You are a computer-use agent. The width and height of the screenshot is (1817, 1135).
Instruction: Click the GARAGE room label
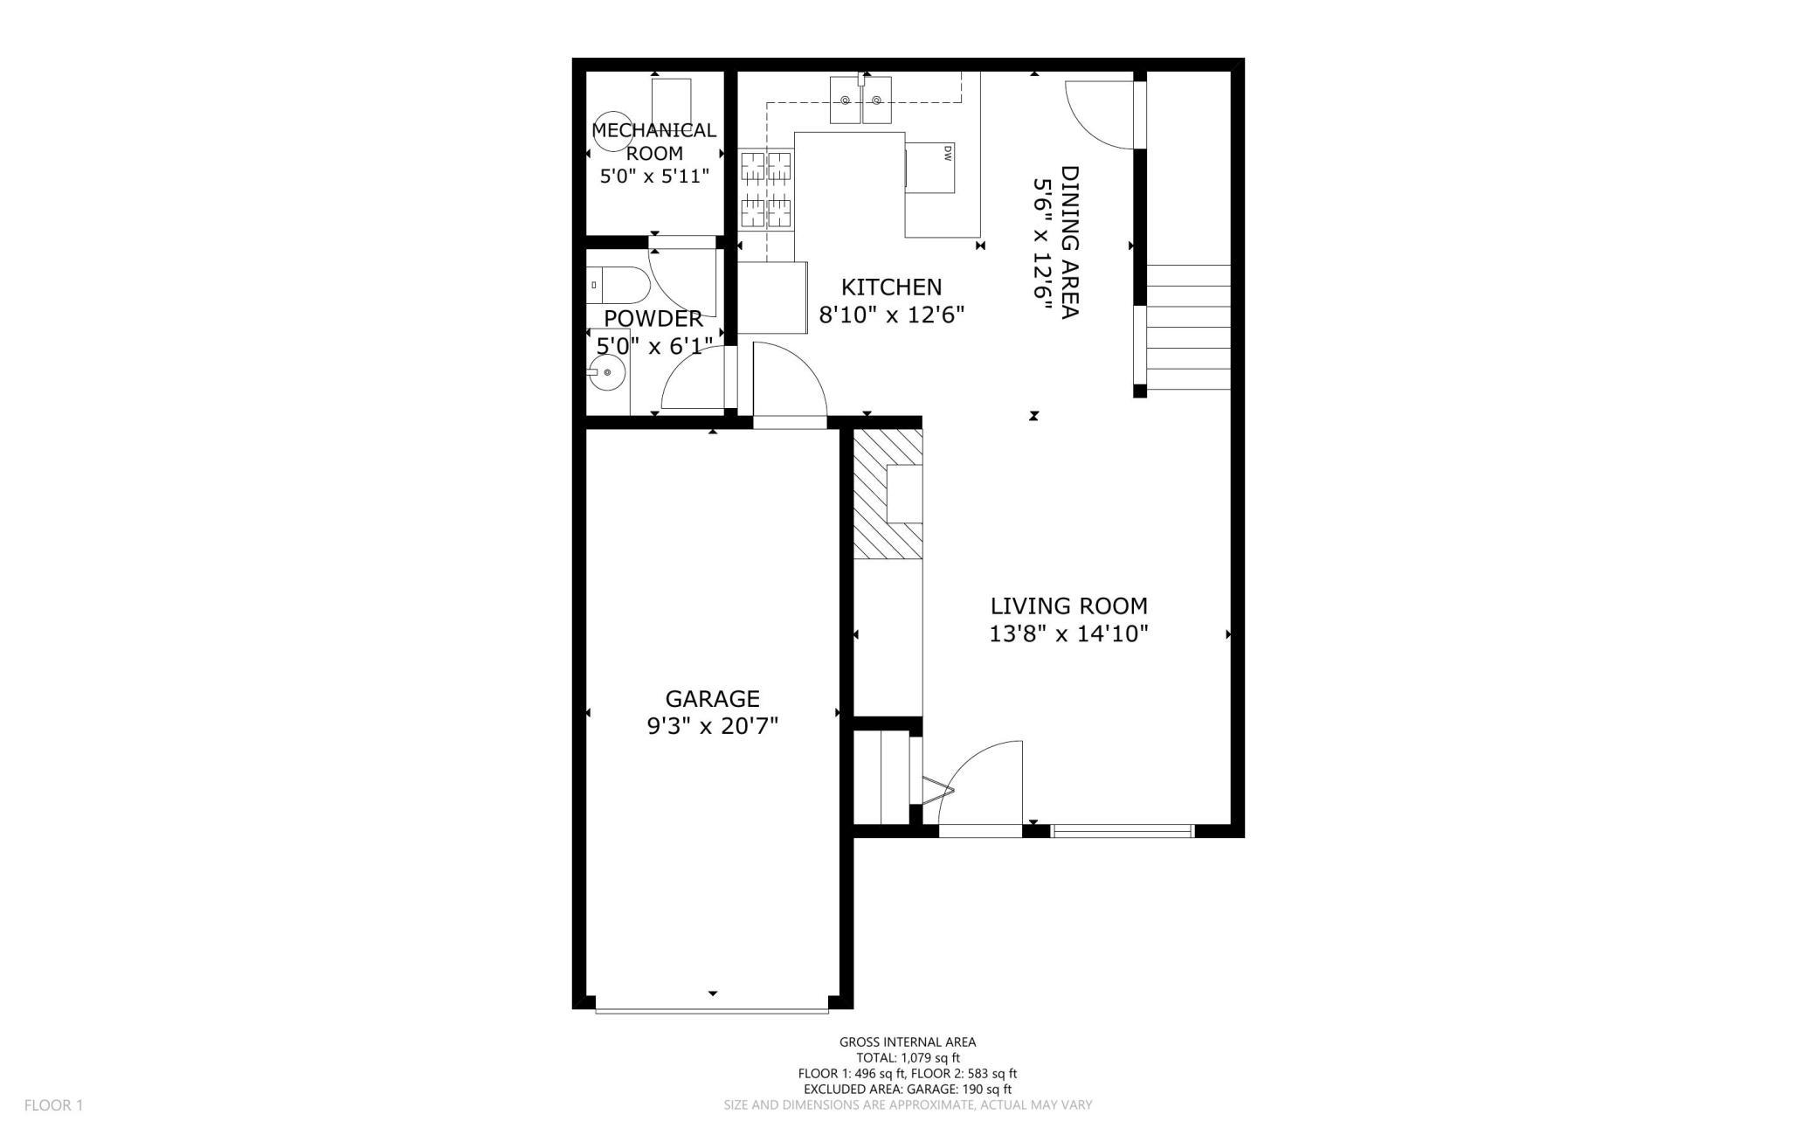click(x=712, y=698)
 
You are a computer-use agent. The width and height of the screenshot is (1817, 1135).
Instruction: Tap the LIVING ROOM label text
click(x=1068, y=606)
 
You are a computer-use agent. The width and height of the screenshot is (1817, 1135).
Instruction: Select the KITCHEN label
click(x=891, y=287)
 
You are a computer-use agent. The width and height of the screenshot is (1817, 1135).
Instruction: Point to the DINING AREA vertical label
click(x=1070, y=242)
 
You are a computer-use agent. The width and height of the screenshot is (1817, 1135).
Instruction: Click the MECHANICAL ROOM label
click(x=653, y=141)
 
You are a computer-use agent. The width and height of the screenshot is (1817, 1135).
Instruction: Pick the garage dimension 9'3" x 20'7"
click(x=712, y=726)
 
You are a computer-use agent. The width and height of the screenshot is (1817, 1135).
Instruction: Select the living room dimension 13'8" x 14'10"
click(x=1068, y=634)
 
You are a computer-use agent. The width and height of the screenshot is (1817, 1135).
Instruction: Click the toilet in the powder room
click(x=616, y=286)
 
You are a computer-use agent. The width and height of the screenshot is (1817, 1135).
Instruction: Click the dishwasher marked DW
click(x=931, y=167)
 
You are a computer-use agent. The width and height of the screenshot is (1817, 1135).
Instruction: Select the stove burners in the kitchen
click(x=766, y=189)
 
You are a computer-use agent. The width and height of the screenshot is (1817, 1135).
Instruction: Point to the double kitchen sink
click(x=860, y=100)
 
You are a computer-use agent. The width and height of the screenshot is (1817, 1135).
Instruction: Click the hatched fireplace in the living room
click(x=887, y=494)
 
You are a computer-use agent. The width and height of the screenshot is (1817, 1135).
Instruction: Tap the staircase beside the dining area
click(x=1188, y=328)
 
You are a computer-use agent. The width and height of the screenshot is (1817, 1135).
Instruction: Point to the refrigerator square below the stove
click(x=772, y=297)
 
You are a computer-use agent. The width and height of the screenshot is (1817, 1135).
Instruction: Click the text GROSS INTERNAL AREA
click(x=907, y=1042)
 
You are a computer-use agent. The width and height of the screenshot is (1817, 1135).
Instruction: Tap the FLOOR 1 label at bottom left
click(x=53, y=1105)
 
